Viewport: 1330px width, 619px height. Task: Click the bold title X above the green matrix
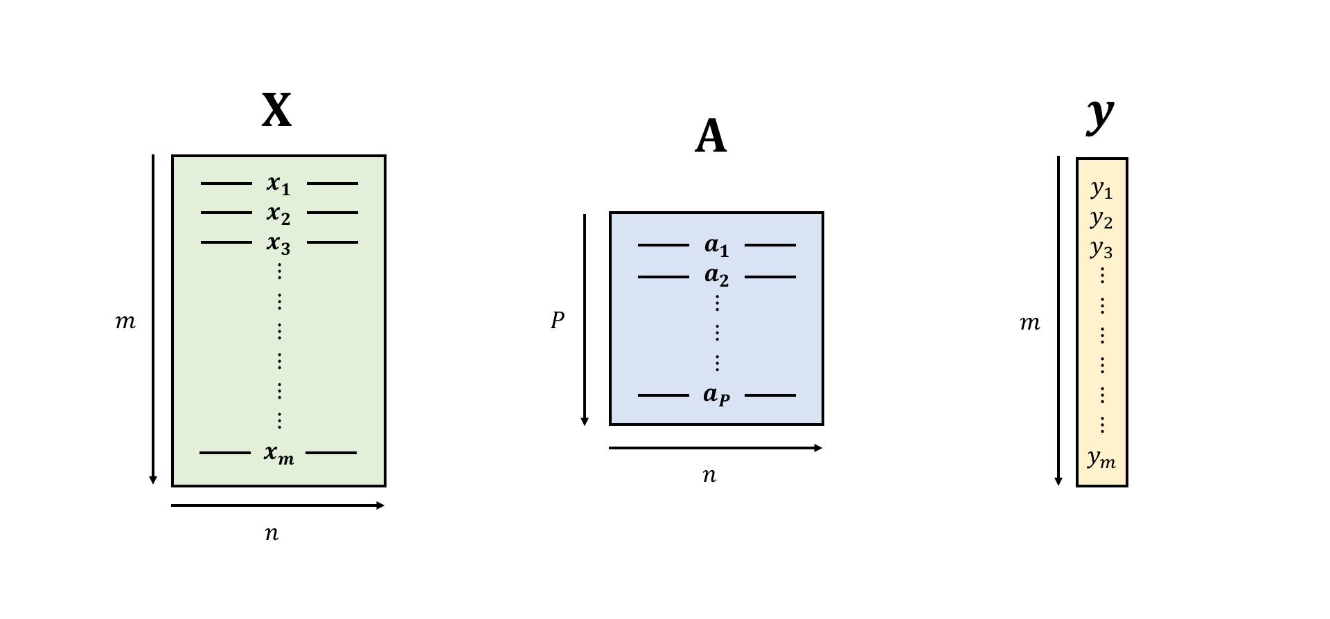(277, 111)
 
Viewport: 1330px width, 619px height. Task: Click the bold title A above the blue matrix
(711, 136)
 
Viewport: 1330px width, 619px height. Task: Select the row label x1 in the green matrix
(278, 184)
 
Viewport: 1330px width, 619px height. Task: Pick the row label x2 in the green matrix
(278, 214)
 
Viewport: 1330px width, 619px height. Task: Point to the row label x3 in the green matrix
(278, 244)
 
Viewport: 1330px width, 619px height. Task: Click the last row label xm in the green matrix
(278, 454)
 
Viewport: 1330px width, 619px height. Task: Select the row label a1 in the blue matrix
(716, 245)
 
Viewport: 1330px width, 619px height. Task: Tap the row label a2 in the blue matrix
(716, 276)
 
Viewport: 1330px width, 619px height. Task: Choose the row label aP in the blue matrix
(716, 395)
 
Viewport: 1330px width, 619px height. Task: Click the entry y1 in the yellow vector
(1101, 188)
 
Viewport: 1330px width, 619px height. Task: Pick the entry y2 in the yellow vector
(1101, 219)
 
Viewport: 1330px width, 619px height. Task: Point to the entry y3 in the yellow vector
(1101, 248)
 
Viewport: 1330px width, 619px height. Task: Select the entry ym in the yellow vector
(1101, 458)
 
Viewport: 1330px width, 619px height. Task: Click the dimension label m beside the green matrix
(125, 322)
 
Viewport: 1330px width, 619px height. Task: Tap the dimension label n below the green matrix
(272, 533)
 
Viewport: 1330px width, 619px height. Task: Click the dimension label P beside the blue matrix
(558, 321)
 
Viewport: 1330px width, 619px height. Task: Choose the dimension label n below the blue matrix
(709, 476)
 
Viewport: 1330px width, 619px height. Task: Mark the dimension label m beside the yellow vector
(1030, 323)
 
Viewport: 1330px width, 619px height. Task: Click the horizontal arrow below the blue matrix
(716, 448)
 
